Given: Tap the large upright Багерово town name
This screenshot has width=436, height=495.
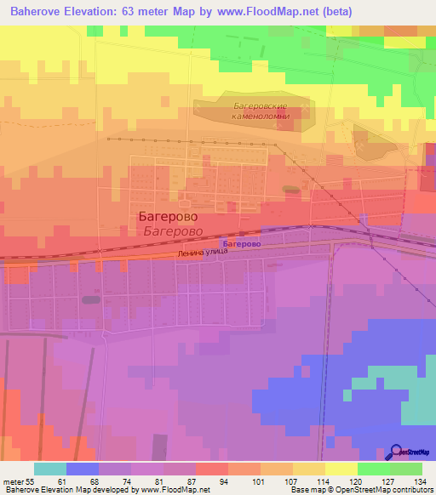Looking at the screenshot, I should pyautogui.click(x=168, y=217).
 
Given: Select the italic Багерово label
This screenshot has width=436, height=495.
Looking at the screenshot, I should pyautogui.click(x=172, y=230).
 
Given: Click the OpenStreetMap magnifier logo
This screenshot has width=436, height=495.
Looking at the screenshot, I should pyautogui.click(x=397, y=452).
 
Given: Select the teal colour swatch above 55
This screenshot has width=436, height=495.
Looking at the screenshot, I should pyautogui.click(x=50, y=469).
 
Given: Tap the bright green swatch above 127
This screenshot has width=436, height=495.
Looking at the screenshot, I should pyautogui.click(x=374, y=469).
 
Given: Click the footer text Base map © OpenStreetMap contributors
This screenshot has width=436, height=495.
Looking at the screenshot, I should pyautogui.click(x=360, y=490).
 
